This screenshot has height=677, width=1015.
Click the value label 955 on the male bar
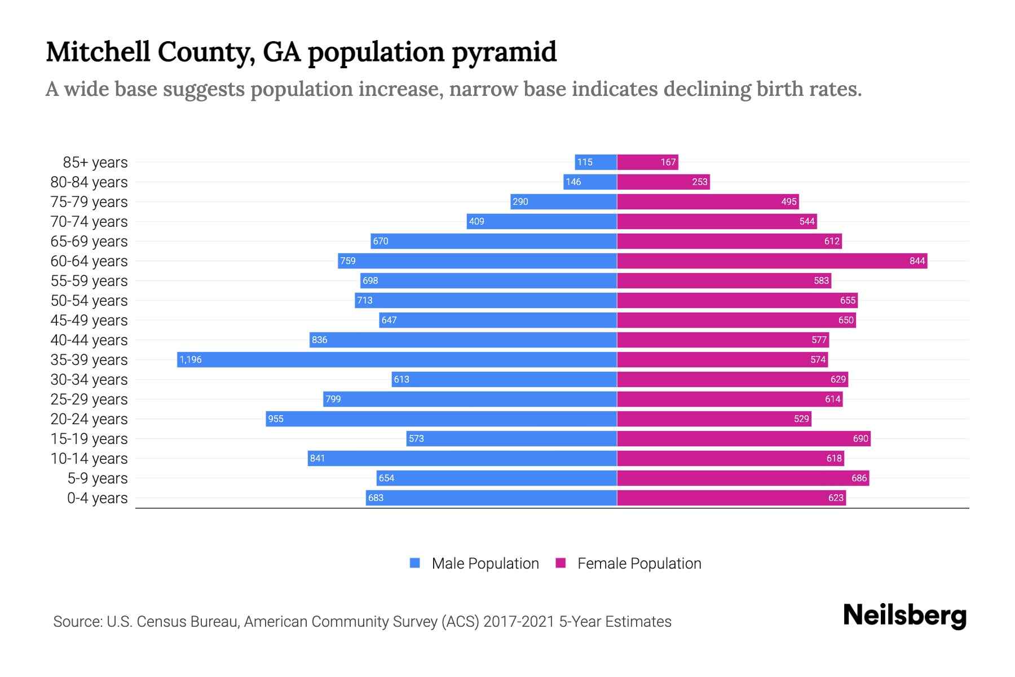(276, 419)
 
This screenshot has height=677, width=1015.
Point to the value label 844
(917, 261)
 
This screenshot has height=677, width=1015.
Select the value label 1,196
(191, 359)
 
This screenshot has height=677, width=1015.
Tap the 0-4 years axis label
(97, 498)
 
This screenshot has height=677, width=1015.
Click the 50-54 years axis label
(89, 301)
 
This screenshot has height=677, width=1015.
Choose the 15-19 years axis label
(89, 439)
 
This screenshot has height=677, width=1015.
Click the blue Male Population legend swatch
(415, 563)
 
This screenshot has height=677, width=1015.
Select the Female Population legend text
(639, 564)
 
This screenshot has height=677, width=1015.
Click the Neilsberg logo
(904, 616)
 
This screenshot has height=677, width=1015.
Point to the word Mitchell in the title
(98, 52)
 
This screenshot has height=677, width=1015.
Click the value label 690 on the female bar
(860, 438)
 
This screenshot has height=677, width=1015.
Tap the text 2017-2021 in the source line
(519, 622)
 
